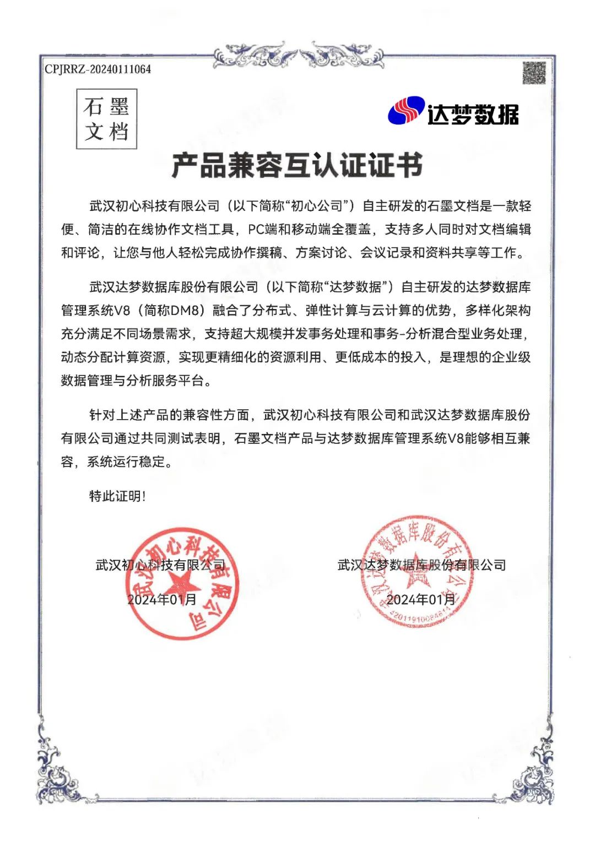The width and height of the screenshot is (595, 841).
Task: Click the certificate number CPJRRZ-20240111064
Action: click(98, 69)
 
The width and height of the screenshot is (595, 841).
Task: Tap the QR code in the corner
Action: click(534, 73)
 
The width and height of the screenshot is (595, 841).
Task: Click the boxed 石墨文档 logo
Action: click(106, 119)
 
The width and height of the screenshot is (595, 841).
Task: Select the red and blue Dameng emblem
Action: click(406, 111)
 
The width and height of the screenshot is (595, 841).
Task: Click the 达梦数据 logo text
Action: click(473, 114)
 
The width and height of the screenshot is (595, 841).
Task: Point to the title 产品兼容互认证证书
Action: click(297, 165)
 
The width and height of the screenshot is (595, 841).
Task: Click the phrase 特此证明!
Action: click(117, 496)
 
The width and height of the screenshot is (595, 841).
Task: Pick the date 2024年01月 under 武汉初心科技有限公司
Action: click(162, 599)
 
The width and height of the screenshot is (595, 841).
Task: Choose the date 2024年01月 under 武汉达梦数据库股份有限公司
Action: click(420, 599)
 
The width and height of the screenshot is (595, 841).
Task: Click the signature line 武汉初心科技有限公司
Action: click(160, 565)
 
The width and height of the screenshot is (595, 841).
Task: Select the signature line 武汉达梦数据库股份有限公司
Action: click(421, 565)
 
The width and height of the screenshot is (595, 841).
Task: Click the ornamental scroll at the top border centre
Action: click(298, 56)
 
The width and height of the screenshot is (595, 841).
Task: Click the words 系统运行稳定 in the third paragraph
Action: click(126, 462)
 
